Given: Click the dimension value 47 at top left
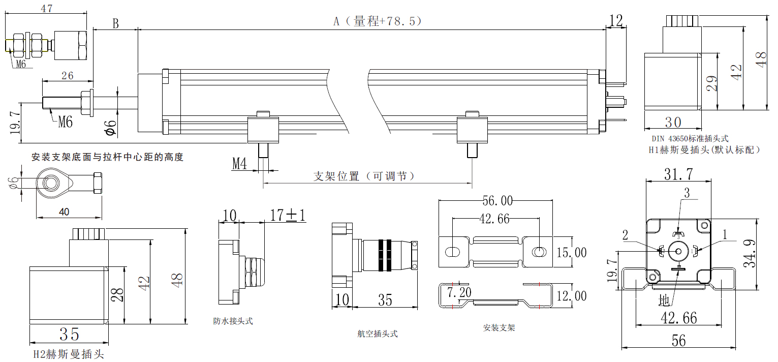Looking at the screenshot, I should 46,9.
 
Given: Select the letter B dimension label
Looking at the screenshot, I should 115,23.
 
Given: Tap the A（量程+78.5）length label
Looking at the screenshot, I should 377,21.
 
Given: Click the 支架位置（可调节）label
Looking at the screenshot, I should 364,176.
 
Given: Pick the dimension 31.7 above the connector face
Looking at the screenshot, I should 678,174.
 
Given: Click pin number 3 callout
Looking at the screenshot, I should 687,193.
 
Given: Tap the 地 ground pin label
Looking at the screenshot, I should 664,300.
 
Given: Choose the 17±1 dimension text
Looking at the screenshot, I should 288,216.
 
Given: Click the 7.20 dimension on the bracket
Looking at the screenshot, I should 459,292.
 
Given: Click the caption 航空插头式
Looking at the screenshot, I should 377,334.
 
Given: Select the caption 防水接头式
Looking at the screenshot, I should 233,321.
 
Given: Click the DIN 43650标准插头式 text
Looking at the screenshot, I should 690,138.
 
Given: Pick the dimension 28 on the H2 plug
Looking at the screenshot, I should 118,294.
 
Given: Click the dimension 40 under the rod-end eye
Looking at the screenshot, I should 64,212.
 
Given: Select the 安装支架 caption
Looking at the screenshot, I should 499,328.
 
